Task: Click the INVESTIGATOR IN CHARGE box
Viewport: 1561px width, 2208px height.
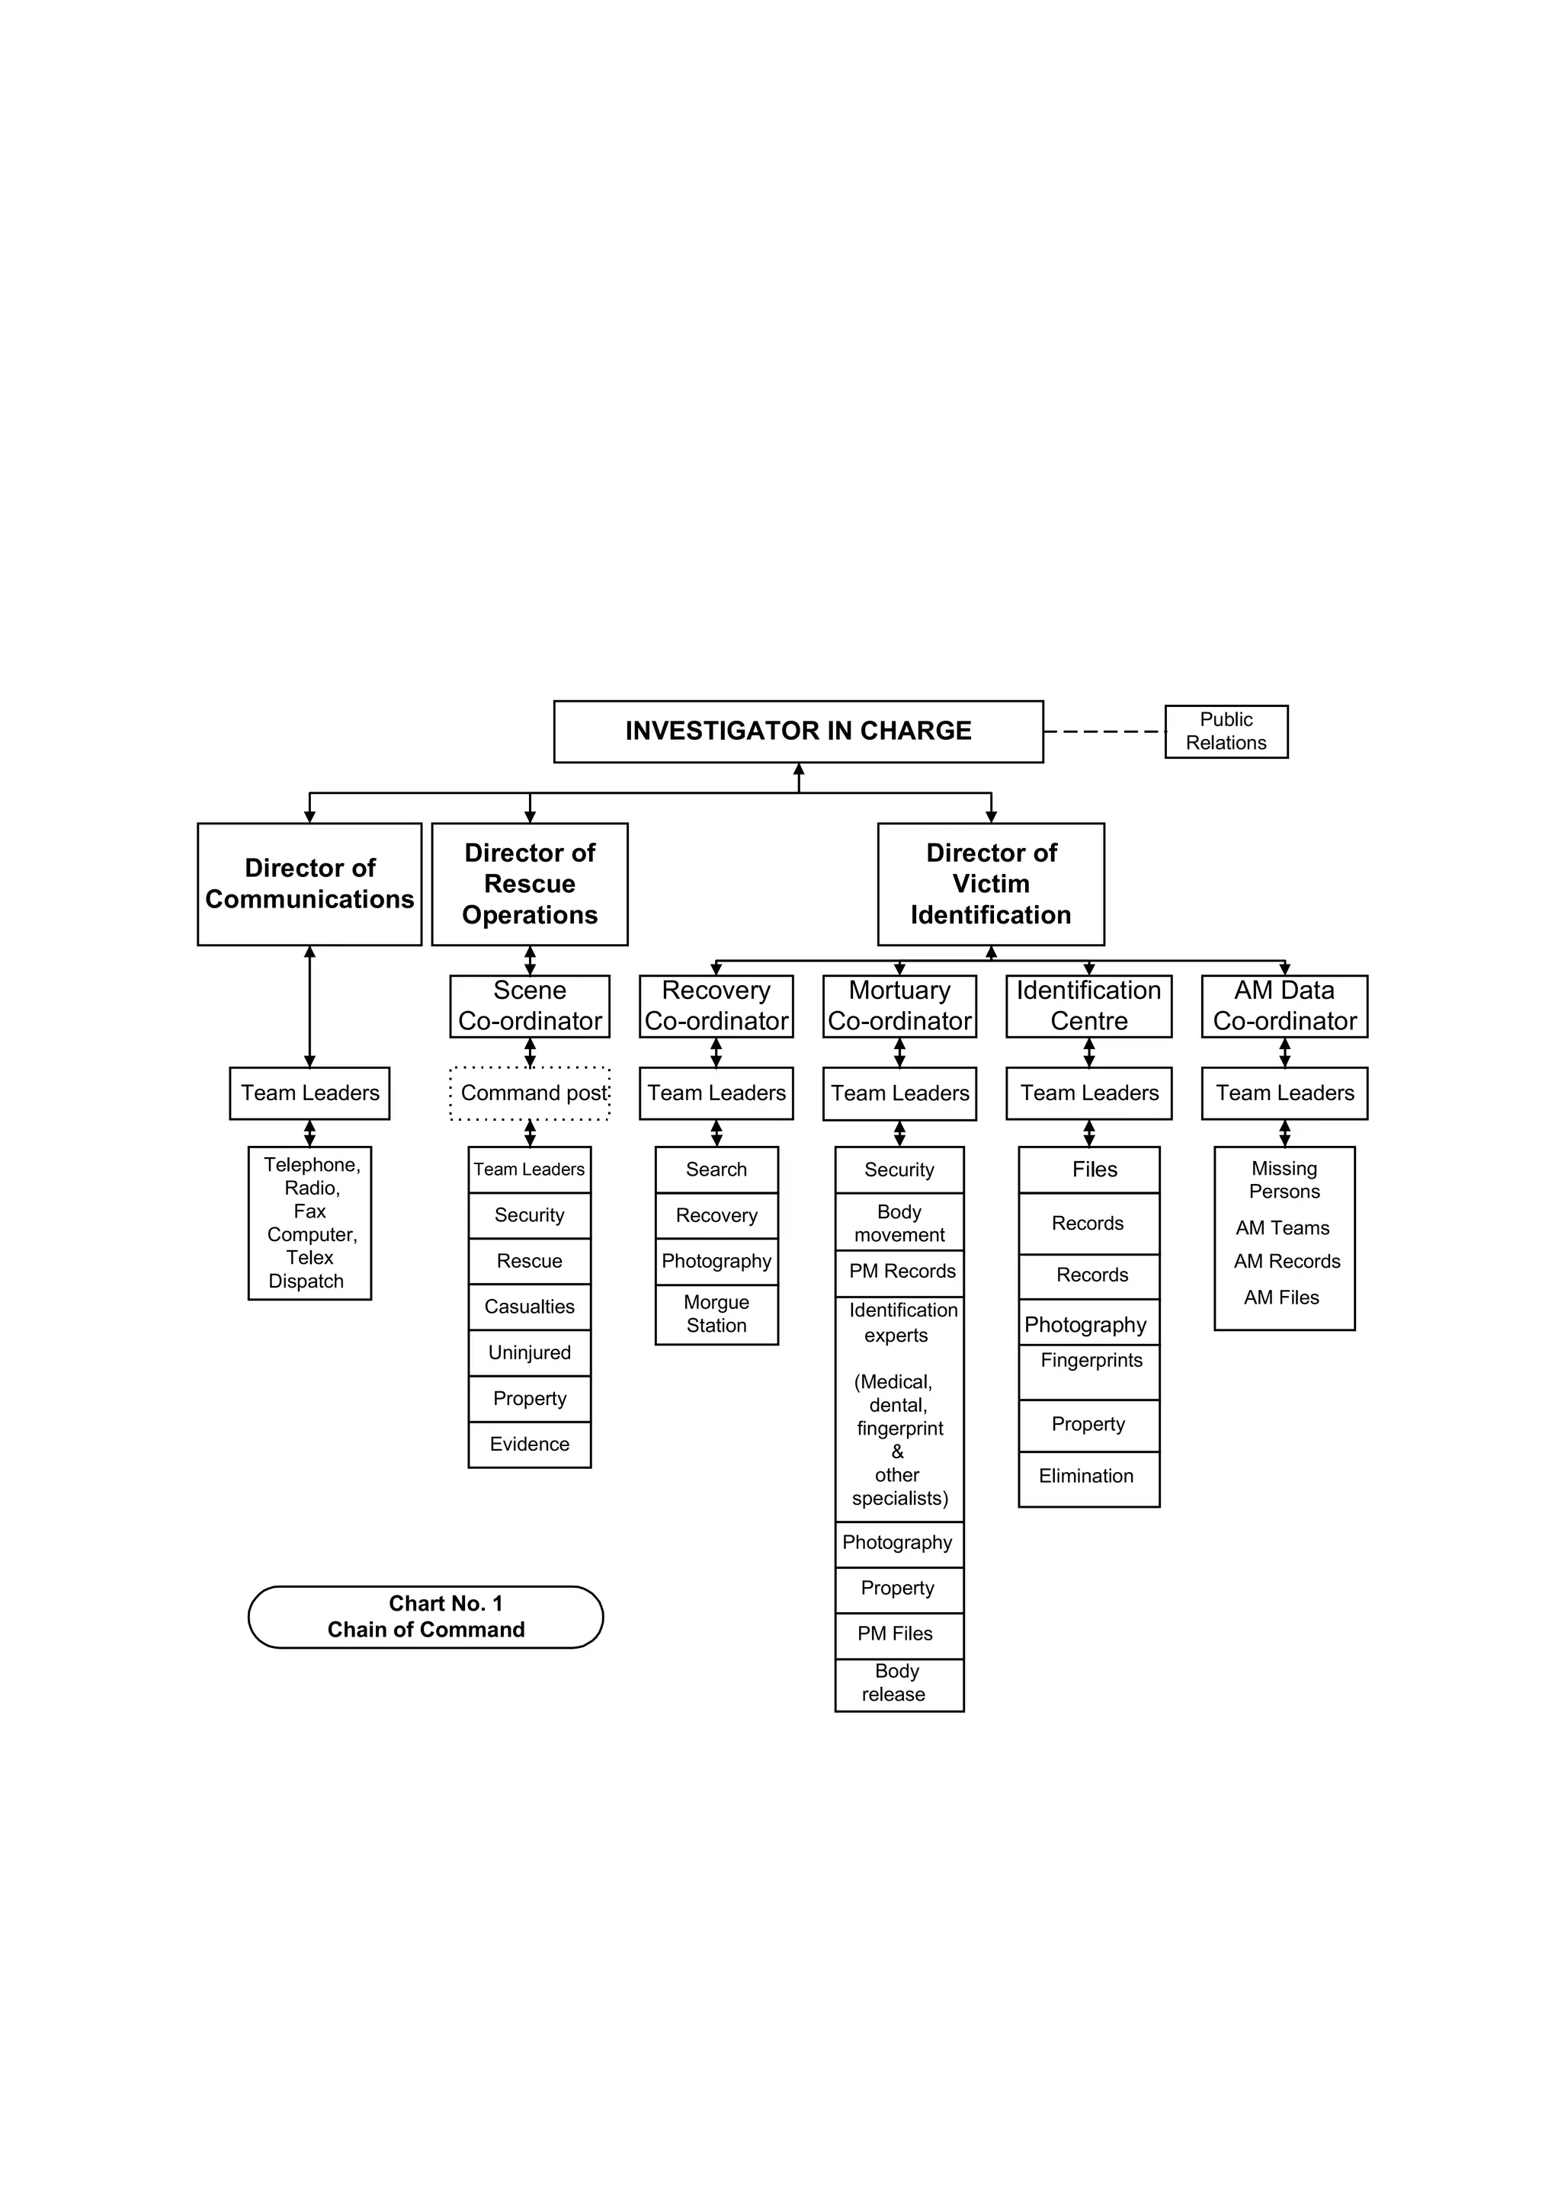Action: tap(798, 732)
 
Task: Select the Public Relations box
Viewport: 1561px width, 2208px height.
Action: tap(1226, 732)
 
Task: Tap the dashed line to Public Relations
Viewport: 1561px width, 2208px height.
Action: tap(1104, 732)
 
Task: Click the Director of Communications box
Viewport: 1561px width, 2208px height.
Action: tap(309, 884)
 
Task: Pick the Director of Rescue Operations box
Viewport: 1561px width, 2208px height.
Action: tap(529, 884)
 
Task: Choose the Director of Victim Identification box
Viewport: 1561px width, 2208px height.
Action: tap(991, 884)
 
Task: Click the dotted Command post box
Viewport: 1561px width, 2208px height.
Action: tap(530, 1093)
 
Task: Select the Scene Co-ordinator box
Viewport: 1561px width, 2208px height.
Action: tap(529, 1006)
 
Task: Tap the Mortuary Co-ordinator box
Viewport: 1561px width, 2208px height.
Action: tap(899, 1006)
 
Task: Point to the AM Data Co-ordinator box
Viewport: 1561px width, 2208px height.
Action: tap(1284, 1006)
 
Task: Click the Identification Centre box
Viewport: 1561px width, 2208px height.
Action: tap(1088, 1006)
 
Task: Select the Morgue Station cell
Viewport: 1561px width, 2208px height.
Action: tap(716, 1314)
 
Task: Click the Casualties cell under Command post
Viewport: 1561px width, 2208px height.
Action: tap(529, 1307)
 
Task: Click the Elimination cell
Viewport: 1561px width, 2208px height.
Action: tap(1088, 1476)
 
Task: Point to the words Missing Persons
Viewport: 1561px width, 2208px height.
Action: tap(1284, 1180)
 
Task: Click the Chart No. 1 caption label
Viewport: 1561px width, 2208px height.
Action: tap(425, 1617)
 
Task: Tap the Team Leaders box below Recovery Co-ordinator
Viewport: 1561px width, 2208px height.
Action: tap(716, 1093)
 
